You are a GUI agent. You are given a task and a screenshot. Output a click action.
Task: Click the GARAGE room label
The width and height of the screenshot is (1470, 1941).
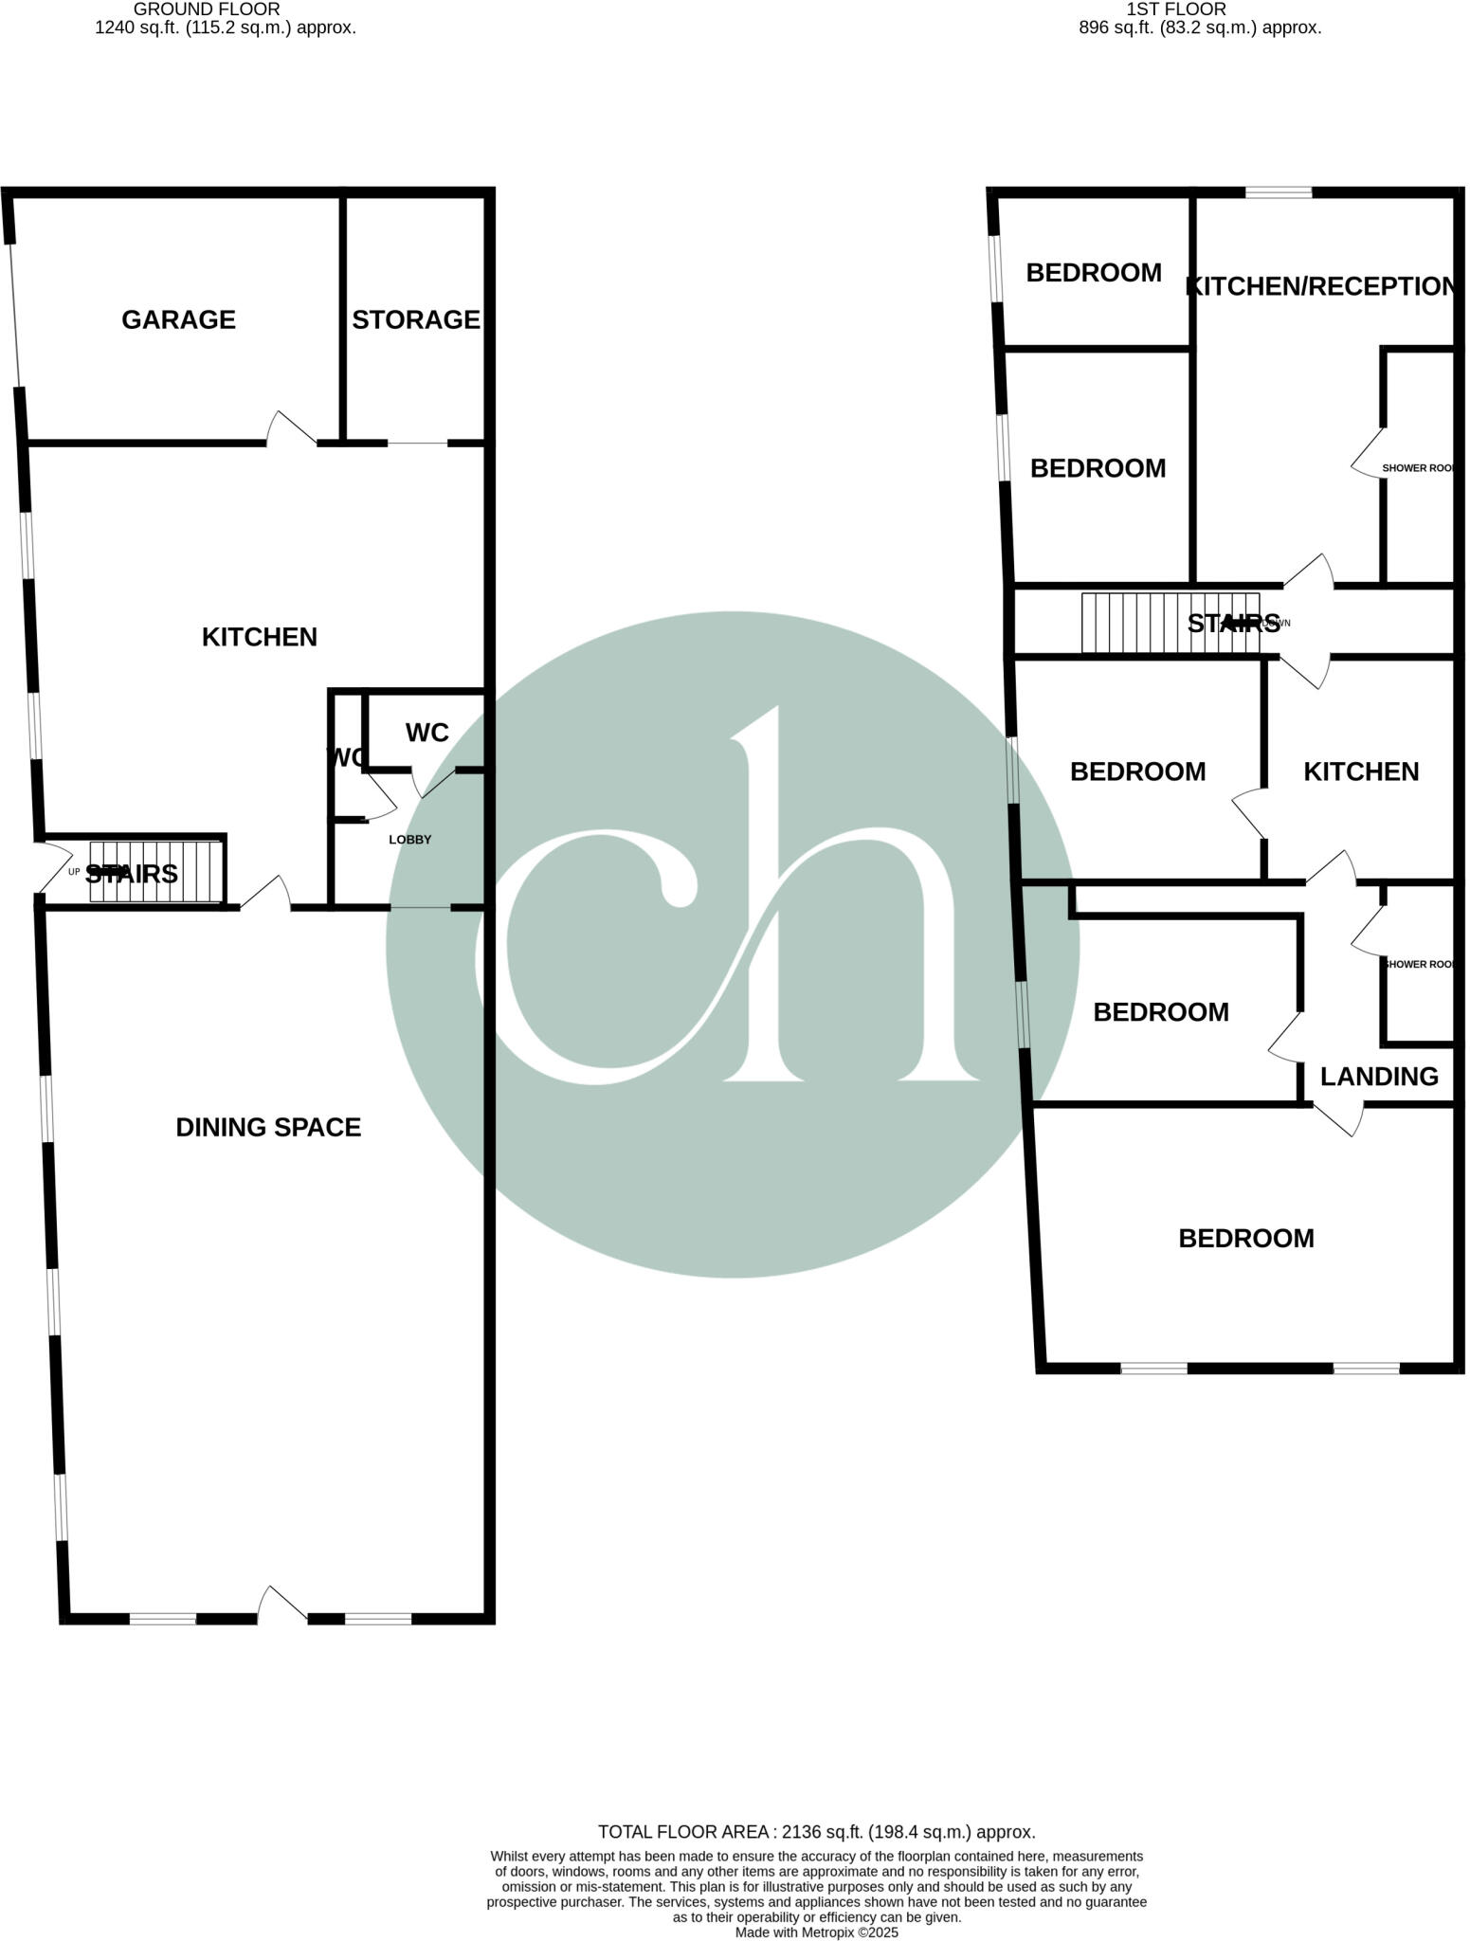point(178,319)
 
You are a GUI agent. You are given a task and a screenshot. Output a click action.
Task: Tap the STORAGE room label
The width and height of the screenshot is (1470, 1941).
point(415,319)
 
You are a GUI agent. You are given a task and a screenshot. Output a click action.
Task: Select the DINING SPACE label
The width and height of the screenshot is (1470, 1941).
point(268,1127)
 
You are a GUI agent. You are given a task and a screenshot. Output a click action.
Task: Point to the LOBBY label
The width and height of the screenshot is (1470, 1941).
point(409,840)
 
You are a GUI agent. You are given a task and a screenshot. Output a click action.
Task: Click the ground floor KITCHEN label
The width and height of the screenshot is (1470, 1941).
point(259,637)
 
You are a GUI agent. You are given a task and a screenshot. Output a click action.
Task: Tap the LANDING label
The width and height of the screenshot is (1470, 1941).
point(1378,1077)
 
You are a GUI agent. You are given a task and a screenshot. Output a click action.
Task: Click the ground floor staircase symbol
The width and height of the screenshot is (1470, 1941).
point(156,872)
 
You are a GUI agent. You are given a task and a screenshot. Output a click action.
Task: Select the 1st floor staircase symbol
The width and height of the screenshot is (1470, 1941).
point(1170,623)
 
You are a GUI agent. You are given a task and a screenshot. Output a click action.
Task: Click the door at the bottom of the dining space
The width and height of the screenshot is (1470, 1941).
point(281,1605)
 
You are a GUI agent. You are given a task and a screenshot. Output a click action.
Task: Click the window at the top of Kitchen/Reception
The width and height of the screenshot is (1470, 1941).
point(1278,192)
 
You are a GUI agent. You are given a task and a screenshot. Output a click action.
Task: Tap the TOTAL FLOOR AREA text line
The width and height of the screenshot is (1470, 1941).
point(816,1832)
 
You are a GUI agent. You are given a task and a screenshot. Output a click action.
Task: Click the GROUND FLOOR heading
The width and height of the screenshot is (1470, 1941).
point(207,9)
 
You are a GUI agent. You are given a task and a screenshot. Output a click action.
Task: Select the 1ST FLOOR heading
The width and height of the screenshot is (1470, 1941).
point(1175,9)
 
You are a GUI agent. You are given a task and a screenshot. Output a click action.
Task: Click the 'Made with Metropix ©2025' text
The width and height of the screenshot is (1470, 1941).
point(816,1932)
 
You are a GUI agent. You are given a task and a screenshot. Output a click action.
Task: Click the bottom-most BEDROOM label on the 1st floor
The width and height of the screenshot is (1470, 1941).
point(1245,1239)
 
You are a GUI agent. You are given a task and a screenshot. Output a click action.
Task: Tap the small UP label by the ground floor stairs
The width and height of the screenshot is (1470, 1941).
point(74,872)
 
